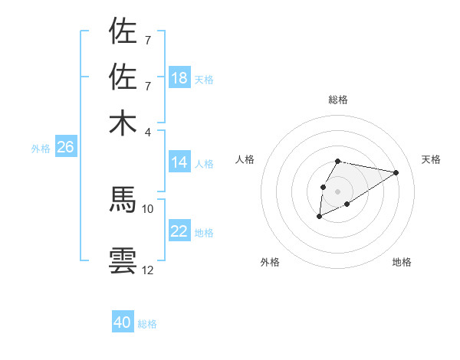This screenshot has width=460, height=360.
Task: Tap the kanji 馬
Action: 123,199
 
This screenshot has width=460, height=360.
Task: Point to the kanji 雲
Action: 123,260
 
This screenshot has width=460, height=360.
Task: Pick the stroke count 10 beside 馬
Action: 148,208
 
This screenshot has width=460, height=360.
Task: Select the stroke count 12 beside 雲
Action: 148,270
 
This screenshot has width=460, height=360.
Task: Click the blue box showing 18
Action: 179,78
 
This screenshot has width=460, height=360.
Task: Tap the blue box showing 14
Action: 179,162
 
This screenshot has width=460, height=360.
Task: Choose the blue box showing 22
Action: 179,231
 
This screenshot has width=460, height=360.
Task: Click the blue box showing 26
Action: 65,148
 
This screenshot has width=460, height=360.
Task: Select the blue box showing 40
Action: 123,322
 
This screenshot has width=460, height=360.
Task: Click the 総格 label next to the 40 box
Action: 147,324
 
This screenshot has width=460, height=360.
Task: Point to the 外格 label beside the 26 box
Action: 40,149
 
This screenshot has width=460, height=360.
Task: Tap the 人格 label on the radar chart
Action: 245,159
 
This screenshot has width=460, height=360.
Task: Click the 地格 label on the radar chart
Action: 402,263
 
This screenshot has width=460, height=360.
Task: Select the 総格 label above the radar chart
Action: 337,100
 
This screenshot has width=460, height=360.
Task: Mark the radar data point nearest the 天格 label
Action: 396,172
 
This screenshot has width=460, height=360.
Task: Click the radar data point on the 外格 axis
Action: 319,217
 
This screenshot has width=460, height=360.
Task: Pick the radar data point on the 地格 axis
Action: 347,204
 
